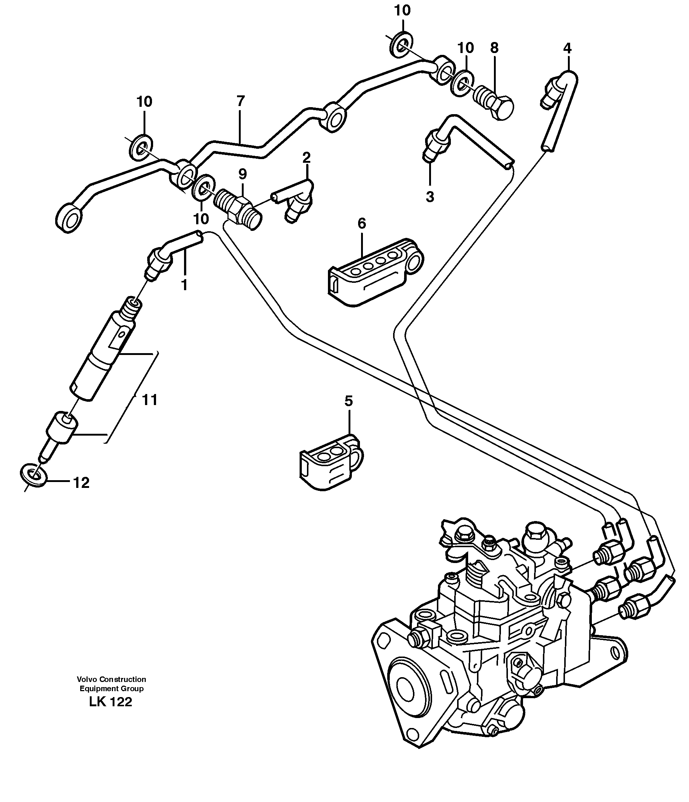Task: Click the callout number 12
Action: [x=81, y=483]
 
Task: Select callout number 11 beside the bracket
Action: [x=150, y=400]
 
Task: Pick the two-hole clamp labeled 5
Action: [x=330, y=462]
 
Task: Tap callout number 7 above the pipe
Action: [x=240, y=101]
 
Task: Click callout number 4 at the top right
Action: [x=567, y=48]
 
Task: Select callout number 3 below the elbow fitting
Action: [x=430, y=197]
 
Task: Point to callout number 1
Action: [x=184, y=285]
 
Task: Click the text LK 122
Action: [x=111, y=702]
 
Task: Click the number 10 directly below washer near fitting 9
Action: [x=201, y=219]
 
